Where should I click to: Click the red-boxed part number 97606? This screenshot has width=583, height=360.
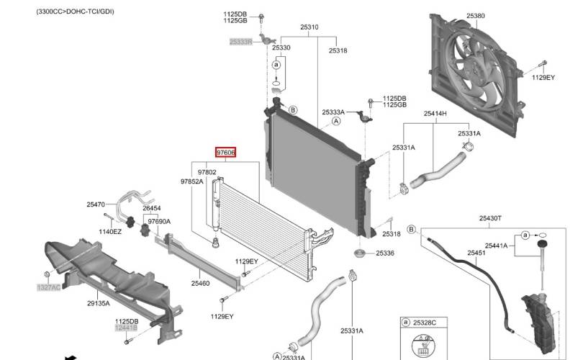point(226,153)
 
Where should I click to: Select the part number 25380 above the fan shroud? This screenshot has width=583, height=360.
point(476,14)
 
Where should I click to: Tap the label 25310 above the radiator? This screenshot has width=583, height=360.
point(309,27)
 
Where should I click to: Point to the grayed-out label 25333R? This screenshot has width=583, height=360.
point(240,42)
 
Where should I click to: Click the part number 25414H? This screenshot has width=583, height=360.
point(435,114)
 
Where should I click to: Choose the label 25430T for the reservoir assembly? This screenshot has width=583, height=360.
point(490,218)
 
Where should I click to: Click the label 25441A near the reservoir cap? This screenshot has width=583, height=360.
point(496,246)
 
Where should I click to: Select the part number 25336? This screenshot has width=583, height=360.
point(385,253)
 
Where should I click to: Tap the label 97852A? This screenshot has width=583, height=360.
point(191,182)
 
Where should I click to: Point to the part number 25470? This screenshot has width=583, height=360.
point(96,204)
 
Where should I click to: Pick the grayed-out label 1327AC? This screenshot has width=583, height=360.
point(49,287)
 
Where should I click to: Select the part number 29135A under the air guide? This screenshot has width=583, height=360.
point(98,303)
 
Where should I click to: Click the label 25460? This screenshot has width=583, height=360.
point(200,283)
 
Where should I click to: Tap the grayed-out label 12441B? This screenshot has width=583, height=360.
point(125,328)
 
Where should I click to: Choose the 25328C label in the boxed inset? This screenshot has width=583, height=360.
point(425,323)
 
